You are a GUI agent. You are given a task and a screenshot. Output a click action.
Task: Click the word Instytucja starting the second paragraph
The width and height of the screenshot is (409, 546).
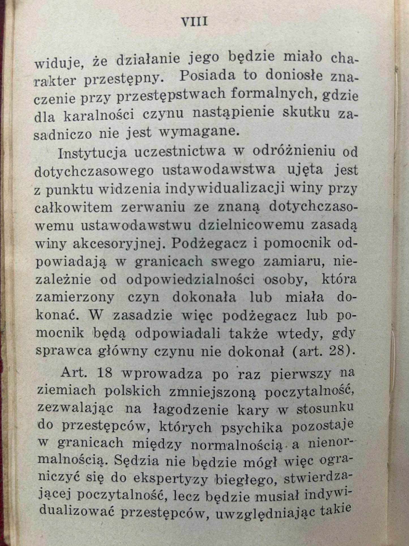pyautogui.click(x=92, y=153)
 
